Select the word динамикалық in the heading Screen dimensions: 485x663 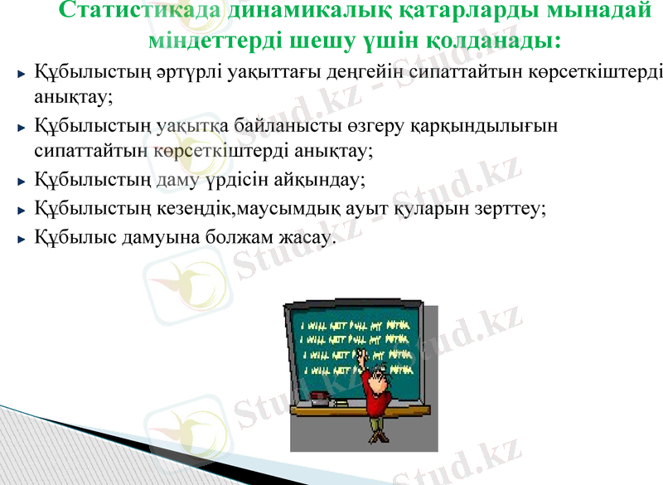click(286, 12)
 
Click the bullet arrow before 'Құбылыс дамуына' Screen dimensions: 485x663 click(22, 239)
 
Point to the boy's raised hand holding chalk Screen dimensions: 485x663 click(361, 355)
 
